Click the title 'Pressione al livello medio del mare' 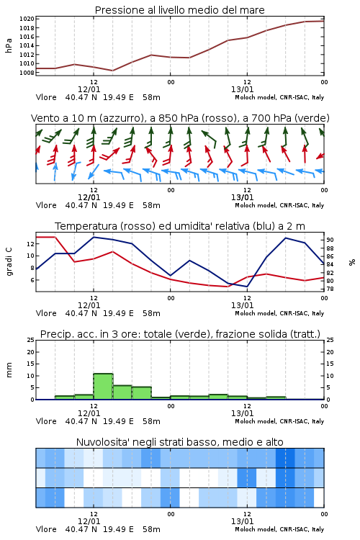179,10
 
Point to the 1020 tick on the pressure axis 27,19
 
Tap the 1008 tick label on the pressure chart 27,73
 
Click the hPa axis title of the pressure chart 9,45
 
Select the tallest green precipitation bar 103,387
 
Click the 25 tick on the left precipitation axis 31,340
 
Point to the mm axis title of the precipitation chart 9,370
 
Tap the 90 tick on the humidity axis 330,240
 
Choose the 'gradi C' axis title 9,262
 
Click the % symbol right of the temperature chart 352,262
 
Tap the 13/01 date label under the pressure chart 242,89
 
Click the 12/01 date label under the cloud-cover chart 89,521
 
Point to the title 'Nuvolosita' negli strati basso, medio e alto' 179,442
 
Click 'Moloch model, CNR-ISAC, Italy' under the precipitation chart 279,421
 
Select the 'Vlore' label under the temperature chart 46,313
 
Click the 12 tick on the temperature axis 31,244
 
